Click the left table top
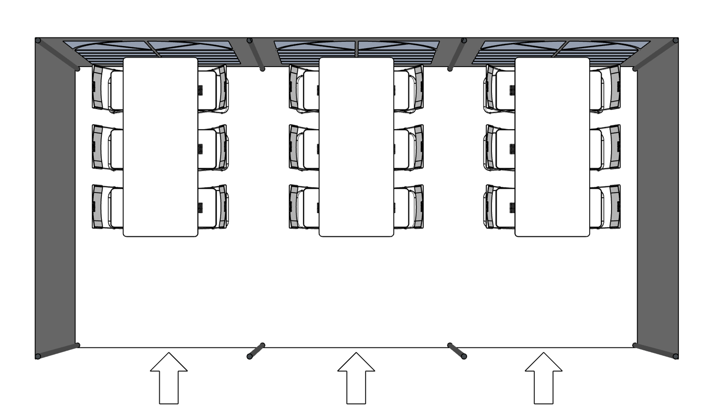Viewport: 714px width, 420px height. click(160, 146)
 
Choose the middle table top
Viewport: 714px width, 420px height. click(356, 146)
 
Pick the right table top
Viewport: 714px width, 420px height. click(552, 146)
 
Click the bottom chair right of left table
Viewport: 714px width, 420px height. click(213, 207)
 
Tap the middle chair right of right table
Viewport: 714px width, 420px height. click(605, 148)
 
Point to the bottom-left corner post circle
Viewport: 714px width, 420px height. click(38, 356)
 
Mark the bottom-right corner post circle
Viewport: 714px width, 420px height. click(676, 356)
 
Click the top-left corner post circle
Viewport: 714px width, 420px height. click(38, 41)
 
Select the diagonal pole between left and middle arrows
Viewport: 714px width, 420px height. click(256, 351)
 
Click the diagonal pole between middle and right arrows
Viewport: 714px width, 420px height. click(457, 351)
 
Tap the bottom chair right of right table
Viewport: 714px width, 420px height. click(605, 207)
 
